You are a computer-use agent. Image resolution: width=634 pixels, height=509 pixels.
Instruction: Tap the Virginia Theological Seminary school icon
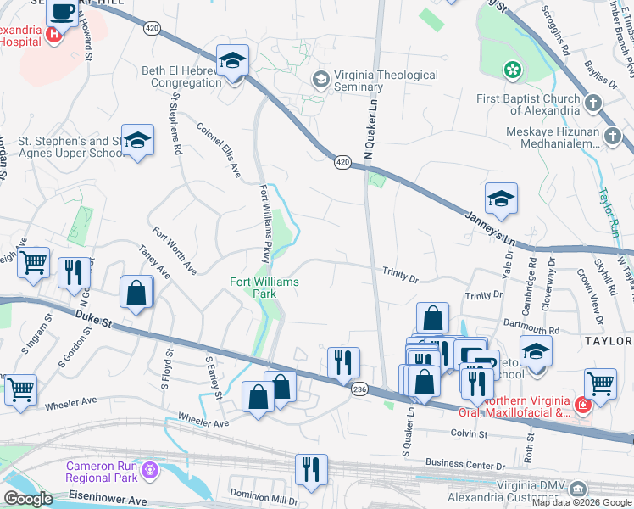[x=320, y=81]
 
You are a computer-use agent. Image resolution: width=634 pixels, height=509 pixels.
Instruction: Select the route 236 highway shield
[x=359, y=388]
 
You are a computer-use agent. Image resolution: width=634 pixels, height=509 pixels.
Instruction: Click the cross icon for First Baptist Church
[x=592, y=104]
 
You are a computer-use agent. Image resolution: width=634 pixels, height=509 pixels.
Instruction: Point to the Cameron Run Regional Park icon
[x=151, y=468]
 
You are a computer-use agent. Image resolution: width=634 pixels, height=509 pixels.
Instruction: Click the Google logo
[x=28, y=500]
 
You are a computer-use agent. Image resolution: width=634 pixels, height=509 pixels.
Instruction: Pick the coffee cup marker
[x=63, y=12]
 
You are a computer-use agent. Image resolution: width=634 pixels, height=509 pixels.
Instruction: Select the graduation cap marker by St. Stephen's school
[x=137, y=140]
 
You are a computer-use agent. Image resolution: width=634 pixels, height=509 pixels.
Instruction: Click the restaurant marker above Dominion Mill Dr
[x=311, y=469]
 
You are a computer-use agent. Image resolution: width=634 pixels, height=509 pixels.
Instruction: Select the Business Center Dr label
[x=465, y=464]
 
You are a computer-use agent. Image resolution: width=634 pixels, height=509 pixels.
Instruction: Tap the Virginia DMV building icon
[x=577, y=489]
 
